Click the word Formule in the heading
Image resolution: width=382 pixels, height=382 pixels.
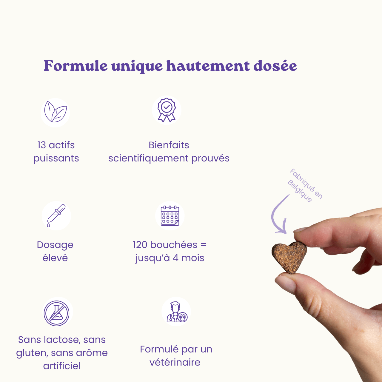(76, 66)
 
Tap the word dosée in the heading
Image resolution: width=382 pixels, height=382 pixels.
(275, 66)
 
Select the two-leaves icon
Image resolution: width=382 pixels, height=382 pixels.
(56, 112)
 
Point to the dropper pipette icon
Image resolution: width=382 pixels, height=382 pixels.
(56, 215)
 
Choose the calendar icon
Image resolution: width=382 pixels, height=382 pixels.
(170, 215)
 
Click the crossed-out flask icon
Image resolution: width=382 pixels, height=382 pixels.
(57, 313)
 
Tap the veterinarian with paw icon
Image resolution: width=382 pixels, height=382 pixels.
(177, 312)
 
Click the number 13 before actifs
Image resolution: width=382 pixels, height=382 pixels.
(41, 145)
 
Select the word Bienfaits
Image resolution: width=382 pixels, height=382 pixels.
(169, 145)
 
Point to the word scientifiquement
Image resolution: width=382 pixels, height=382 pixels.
(148, 158)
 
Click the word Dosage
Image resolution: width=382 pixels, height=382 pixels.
(55, 245)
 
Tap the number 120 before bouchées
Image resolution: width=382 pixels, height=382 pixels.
(140, 245)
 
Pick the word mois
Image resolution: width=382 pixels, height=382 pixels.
(193, 258)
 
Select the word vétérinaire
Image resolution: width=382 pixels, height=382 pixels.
(175, 362)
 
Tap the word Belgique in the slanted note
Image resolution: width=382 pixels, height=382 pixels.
(300, 191)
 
